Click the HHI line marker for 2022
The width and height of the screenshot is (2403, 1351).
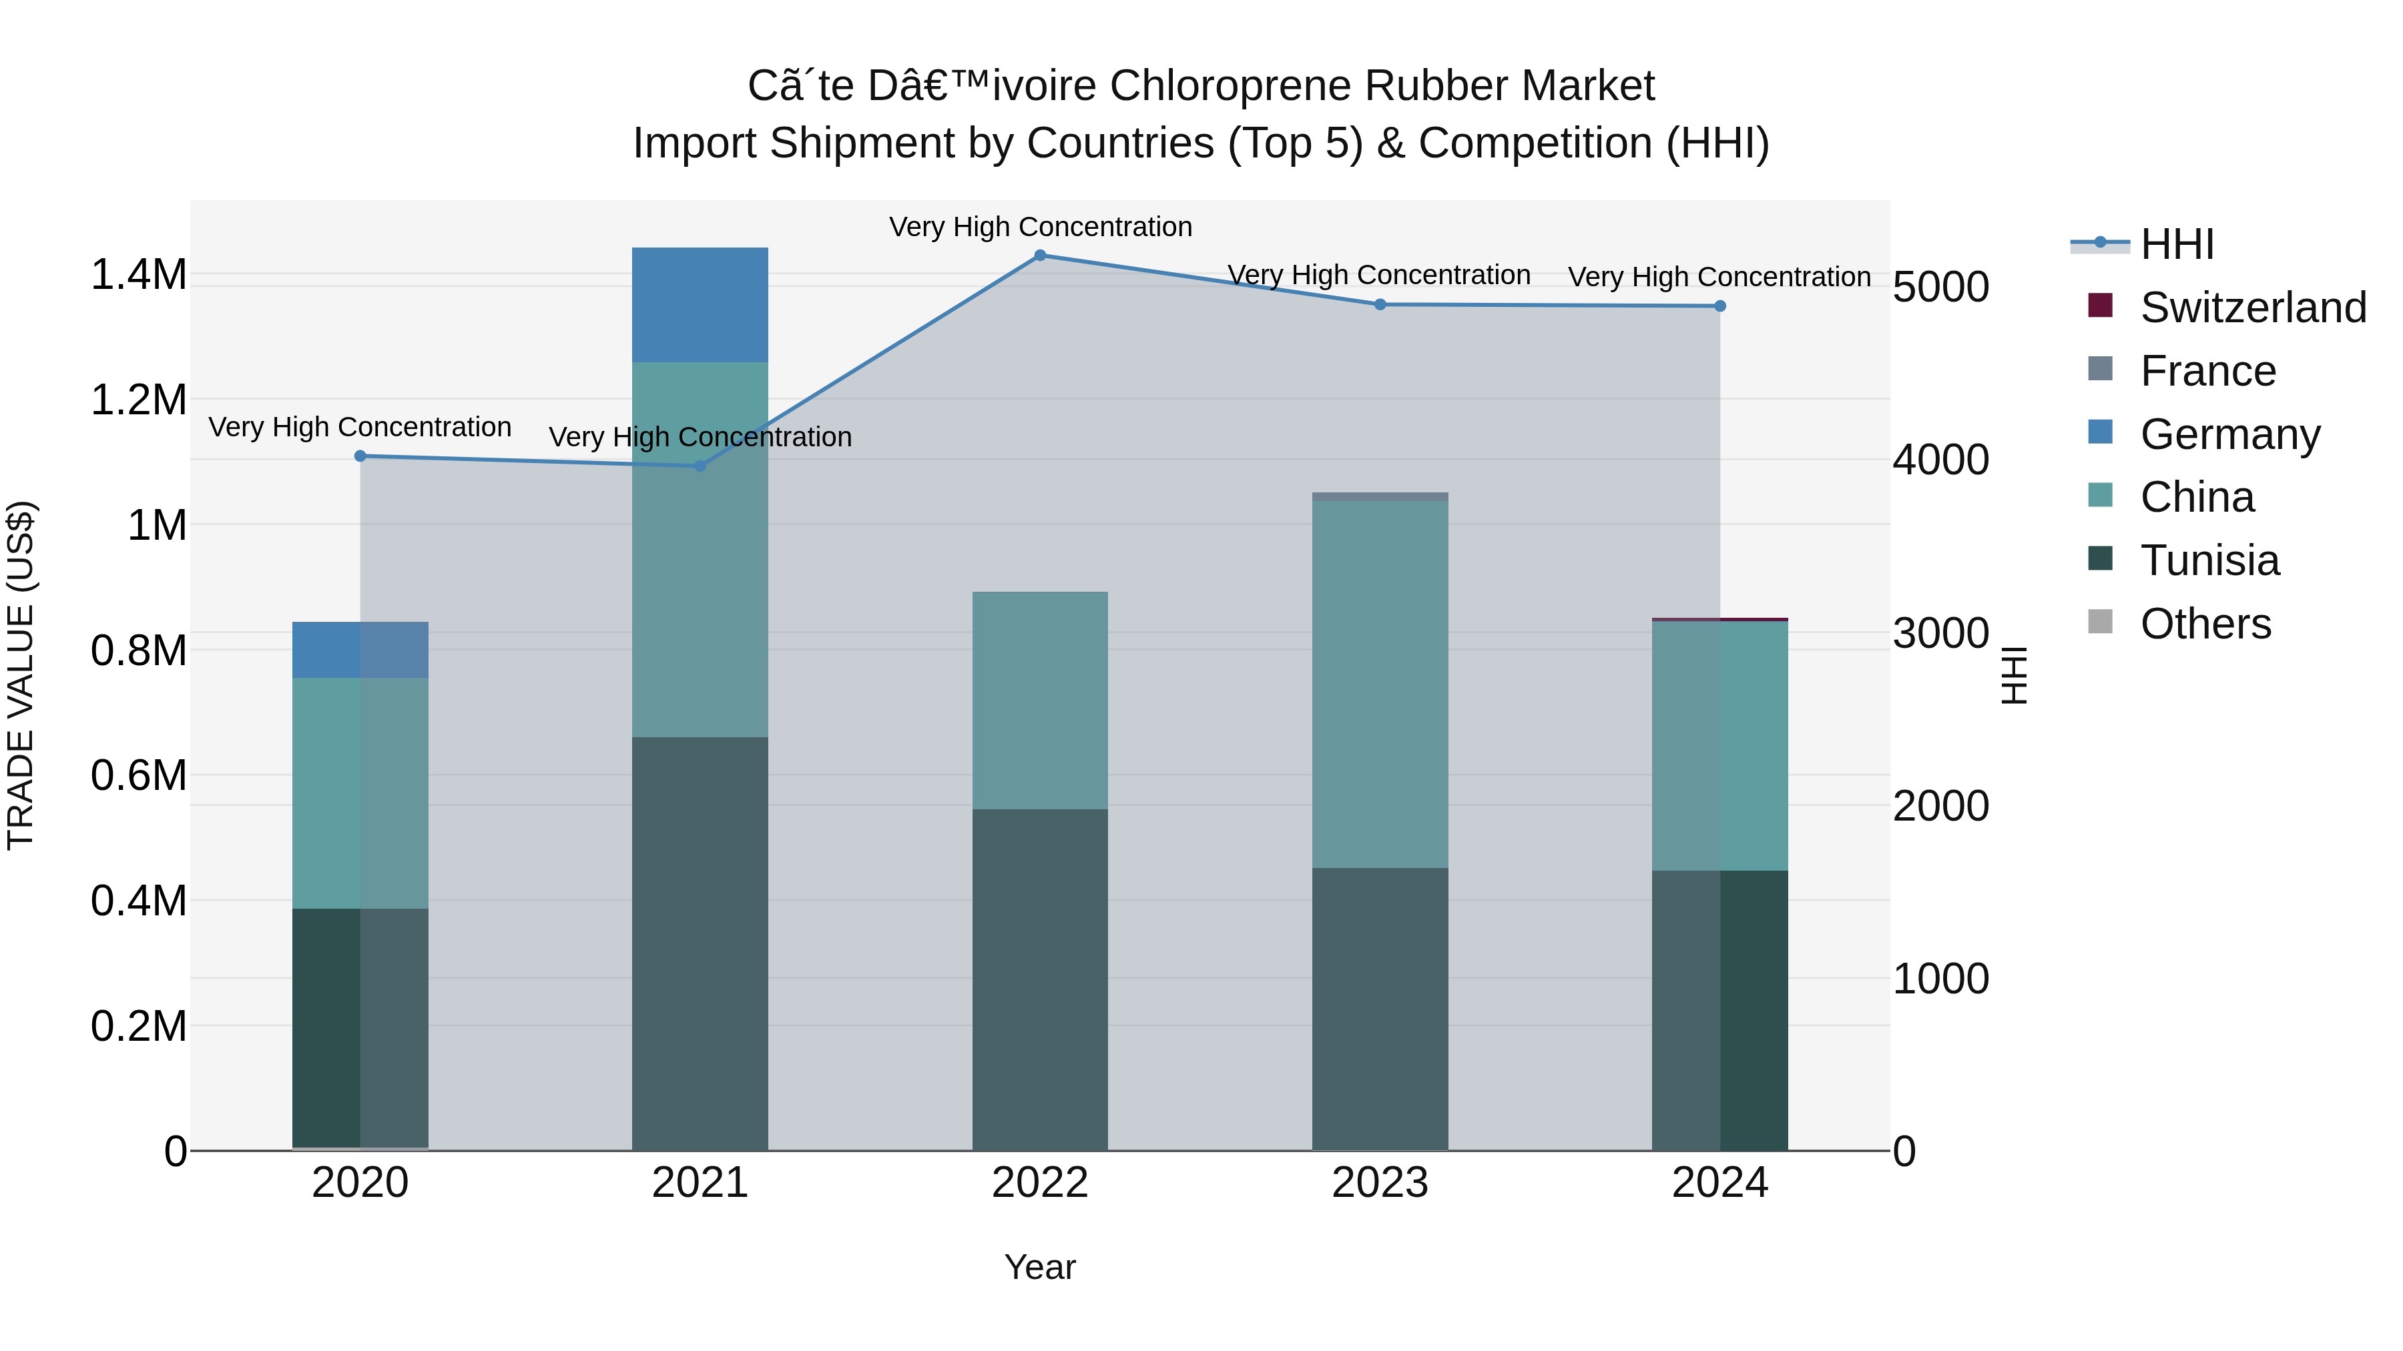click(1040, 255)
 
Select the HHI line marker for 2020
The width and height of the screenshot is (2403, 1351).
click(360, 456)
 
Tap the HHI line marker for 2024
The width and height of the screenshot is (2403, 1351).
click(1720, 306)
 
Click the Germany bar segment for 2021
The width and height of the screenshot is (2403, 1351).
click(700, 304)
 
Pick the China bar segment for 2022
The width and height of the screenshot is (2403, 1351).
click(1040, 699)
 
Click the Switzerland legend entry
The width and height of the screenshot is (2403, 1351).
click(2252, 308)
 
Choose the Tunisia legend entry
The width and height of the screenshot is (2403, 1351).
click(2209, 560)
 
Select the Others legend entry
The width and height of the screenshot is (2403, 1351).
click(2205, 624)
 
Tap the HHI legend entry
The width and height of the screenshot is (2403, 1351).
click(2176, 244)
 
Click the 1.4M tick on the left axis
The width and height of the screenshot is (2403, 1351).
click(138, 275)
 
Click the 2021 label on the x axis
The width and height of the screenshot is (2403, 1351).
click(700, 1183)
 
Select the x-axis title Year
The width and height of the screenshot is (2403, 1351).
click(1040, 1267)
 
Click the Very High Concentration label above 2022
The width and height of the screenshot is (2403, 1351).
click(1040, 227)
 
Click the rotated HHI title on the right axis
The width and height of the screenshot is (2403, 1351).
click(2015, 675)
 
